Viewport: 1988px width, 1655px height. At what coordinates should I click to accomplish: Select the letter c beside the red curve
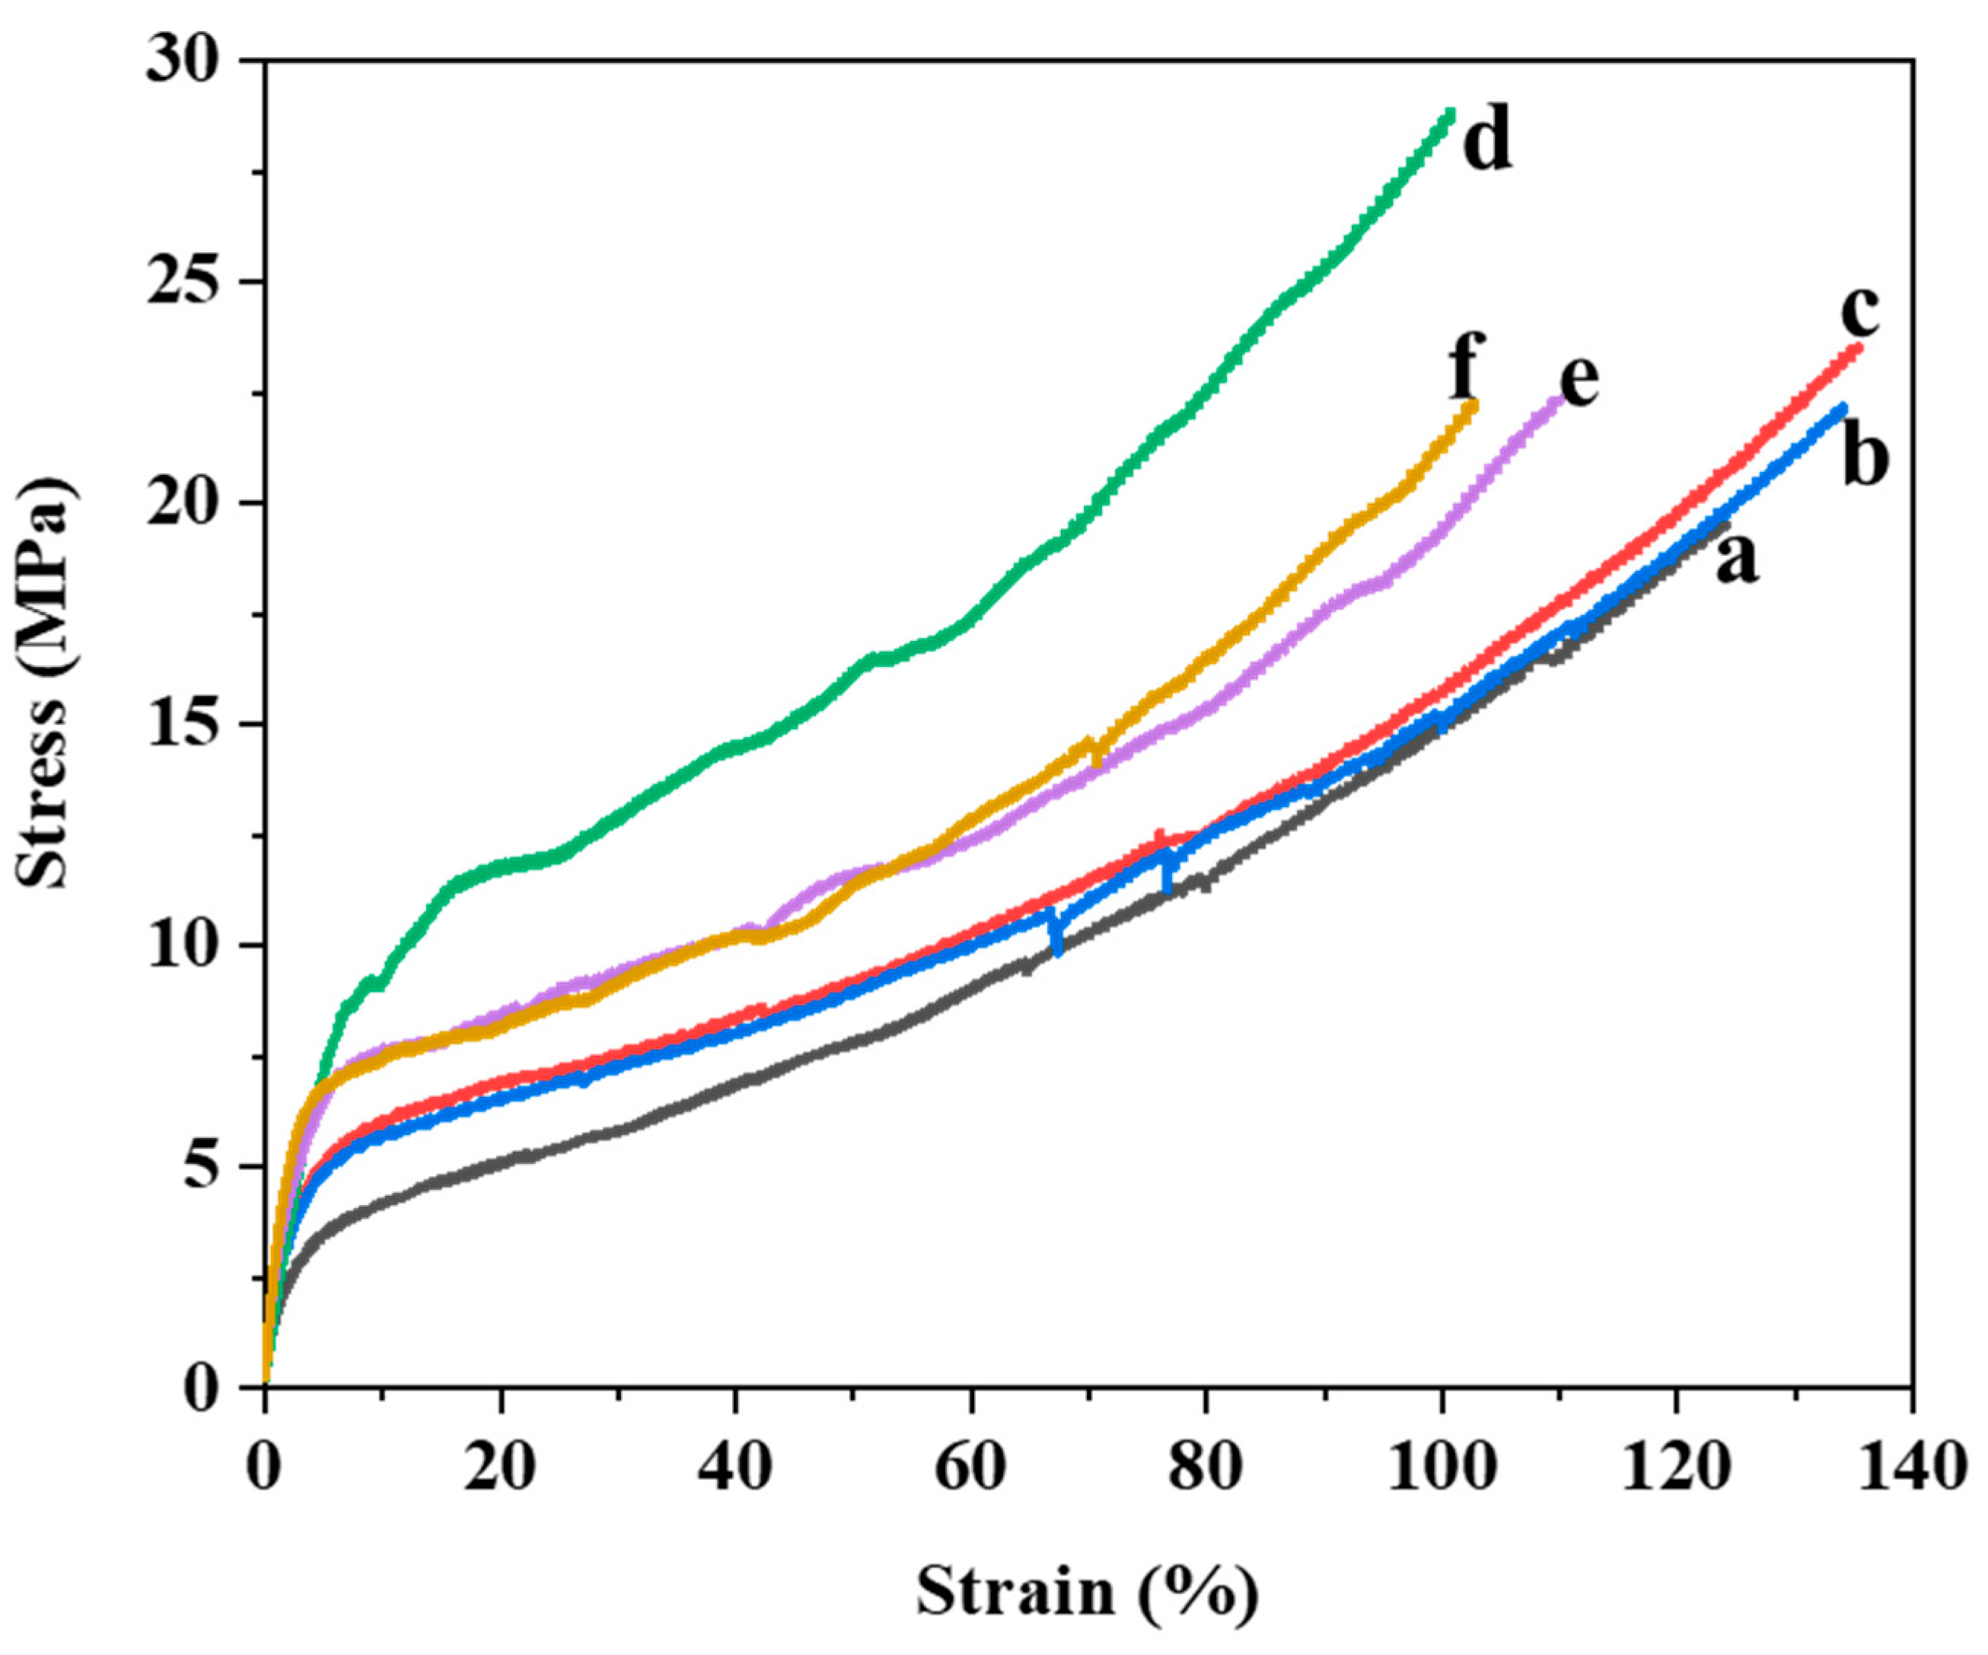[x=1859, y=312]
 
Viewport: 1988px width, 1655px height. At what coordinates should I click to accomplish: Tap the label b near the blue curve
[x=1864, y=458]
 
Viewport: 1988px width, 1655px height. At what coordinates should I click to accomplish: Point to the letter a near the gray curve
[x=1736, y=559]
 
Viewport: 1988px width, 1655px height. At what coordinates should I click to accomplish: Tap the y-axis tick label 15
[x=189, y=725]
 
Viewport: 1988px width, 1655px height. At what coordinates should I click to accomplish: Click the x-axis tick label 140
[x=1910, y=1468]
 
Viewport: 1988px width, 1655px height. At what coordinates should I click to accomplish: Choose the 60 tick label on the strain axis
[x=971, y=1468]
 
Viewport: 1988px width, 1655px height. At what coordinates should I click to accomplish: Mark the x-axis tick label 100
[x=1441, y=1468]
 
